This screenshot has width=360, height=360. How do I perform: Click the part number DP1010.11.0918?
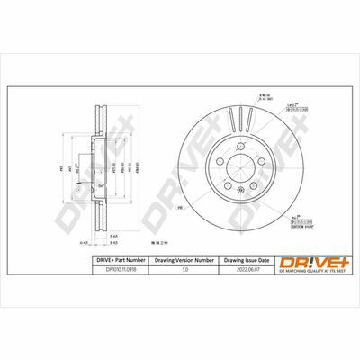[114, 267]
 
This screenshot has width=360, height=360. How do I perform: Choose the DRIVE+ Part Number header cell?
[115, 258]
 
